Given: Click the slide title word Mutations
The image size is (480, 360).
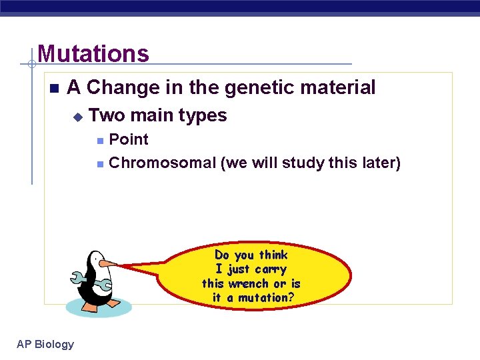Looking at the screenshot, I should click(93, 53).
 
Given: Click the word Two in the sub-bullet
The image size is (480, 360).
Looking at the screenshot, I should click(107, 115).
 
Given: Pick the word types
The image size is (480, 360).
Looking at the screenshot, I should click(201, 115).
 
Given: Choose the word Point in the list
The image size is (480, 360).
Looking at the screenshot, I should click(128, 139).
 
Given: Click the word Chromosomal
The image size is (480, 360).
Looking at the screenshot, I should click(162, 163).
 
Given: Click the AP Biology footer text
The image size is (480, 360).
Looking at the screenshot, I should click(45, 344).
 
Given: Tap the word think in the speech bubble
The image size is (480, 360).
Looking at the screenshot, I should click(273, 255).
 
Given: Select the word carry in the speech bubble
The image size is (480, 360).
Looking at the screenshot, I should click(271, 269).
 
